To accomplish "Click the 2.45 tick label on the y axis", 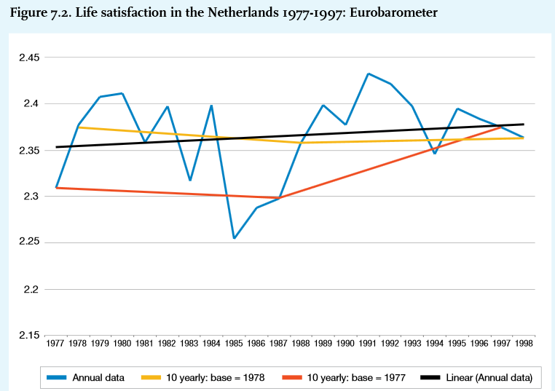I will click(x=29, y=58).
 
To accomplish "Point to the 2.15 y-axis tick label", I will click(x=29, y=336).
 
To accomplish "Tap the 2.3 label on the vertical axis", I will click(x=33, y=197).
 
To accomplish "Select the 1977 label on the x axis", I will click(x=55, y=342).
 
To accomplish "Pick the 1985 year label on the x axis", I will click(x=234, y=342).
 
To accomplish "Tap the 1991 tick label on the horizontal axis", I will click(x=368, y=342).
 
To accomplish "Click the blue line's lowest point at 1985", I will click(x=234, y=238).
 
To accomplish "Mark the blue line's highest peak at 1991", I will click(x=368, y=74).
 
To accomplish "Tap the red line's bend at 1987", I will click(x=279, y=197).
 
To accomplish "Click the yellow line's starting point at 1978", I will click(x=78, y=127).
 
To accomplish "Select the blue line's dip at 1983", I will click(x=189, y=181).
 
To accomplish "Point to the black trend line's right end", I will click(x=524, y=125).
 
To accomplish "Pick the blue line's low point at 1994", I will click(x=435, y=153).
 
